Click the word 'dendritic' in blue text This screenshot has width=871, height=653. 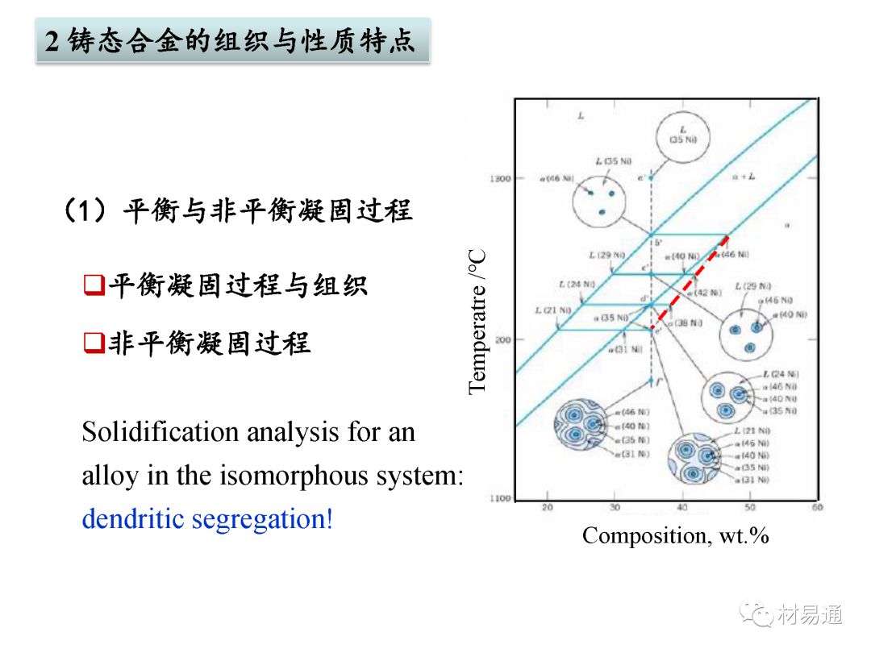[133, 518]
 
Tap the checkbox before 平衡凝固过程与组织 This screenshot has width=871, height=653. [94, 285]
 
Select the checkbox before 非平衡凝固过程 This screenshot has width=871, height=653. [94, 343]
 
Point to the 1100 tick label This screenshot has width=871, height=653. [500, 499]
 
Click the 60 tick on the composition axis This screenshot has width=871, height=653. [817, 508]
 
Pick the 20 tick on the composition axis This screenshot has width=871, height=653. [547, 508]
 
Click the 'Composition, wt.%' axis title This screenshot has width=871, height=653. [676, 535]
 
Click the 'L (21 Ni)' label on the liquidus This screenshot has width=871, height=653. [553, 310]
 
